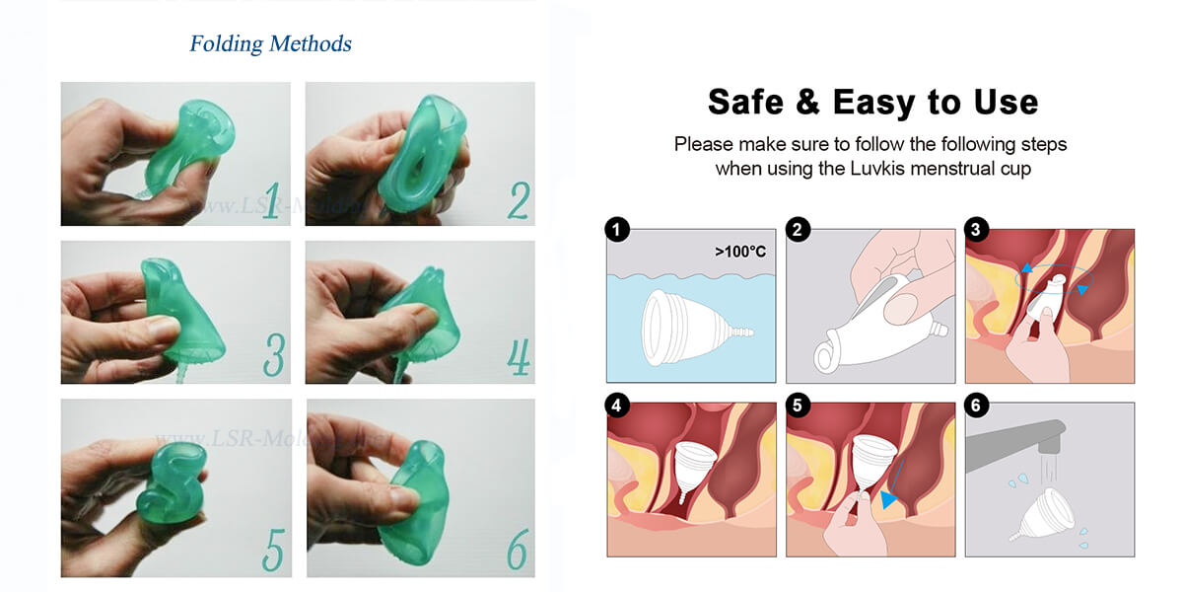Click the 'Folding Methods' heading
(x=270, y=44)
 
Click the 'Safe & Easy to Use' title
(x=872, y=102)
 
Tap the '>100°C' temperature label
(x=739, y=252)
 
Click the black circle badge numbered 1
(x=617, y=231)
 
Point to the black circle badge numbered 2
(x=797, y=231)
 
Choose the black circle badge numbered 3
(x=976, y=231)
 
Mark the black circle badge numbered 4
(x=617, y=406)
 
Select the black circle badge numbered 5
(x=797, y=406)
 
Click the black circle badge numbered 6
(x=976, y=406)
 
